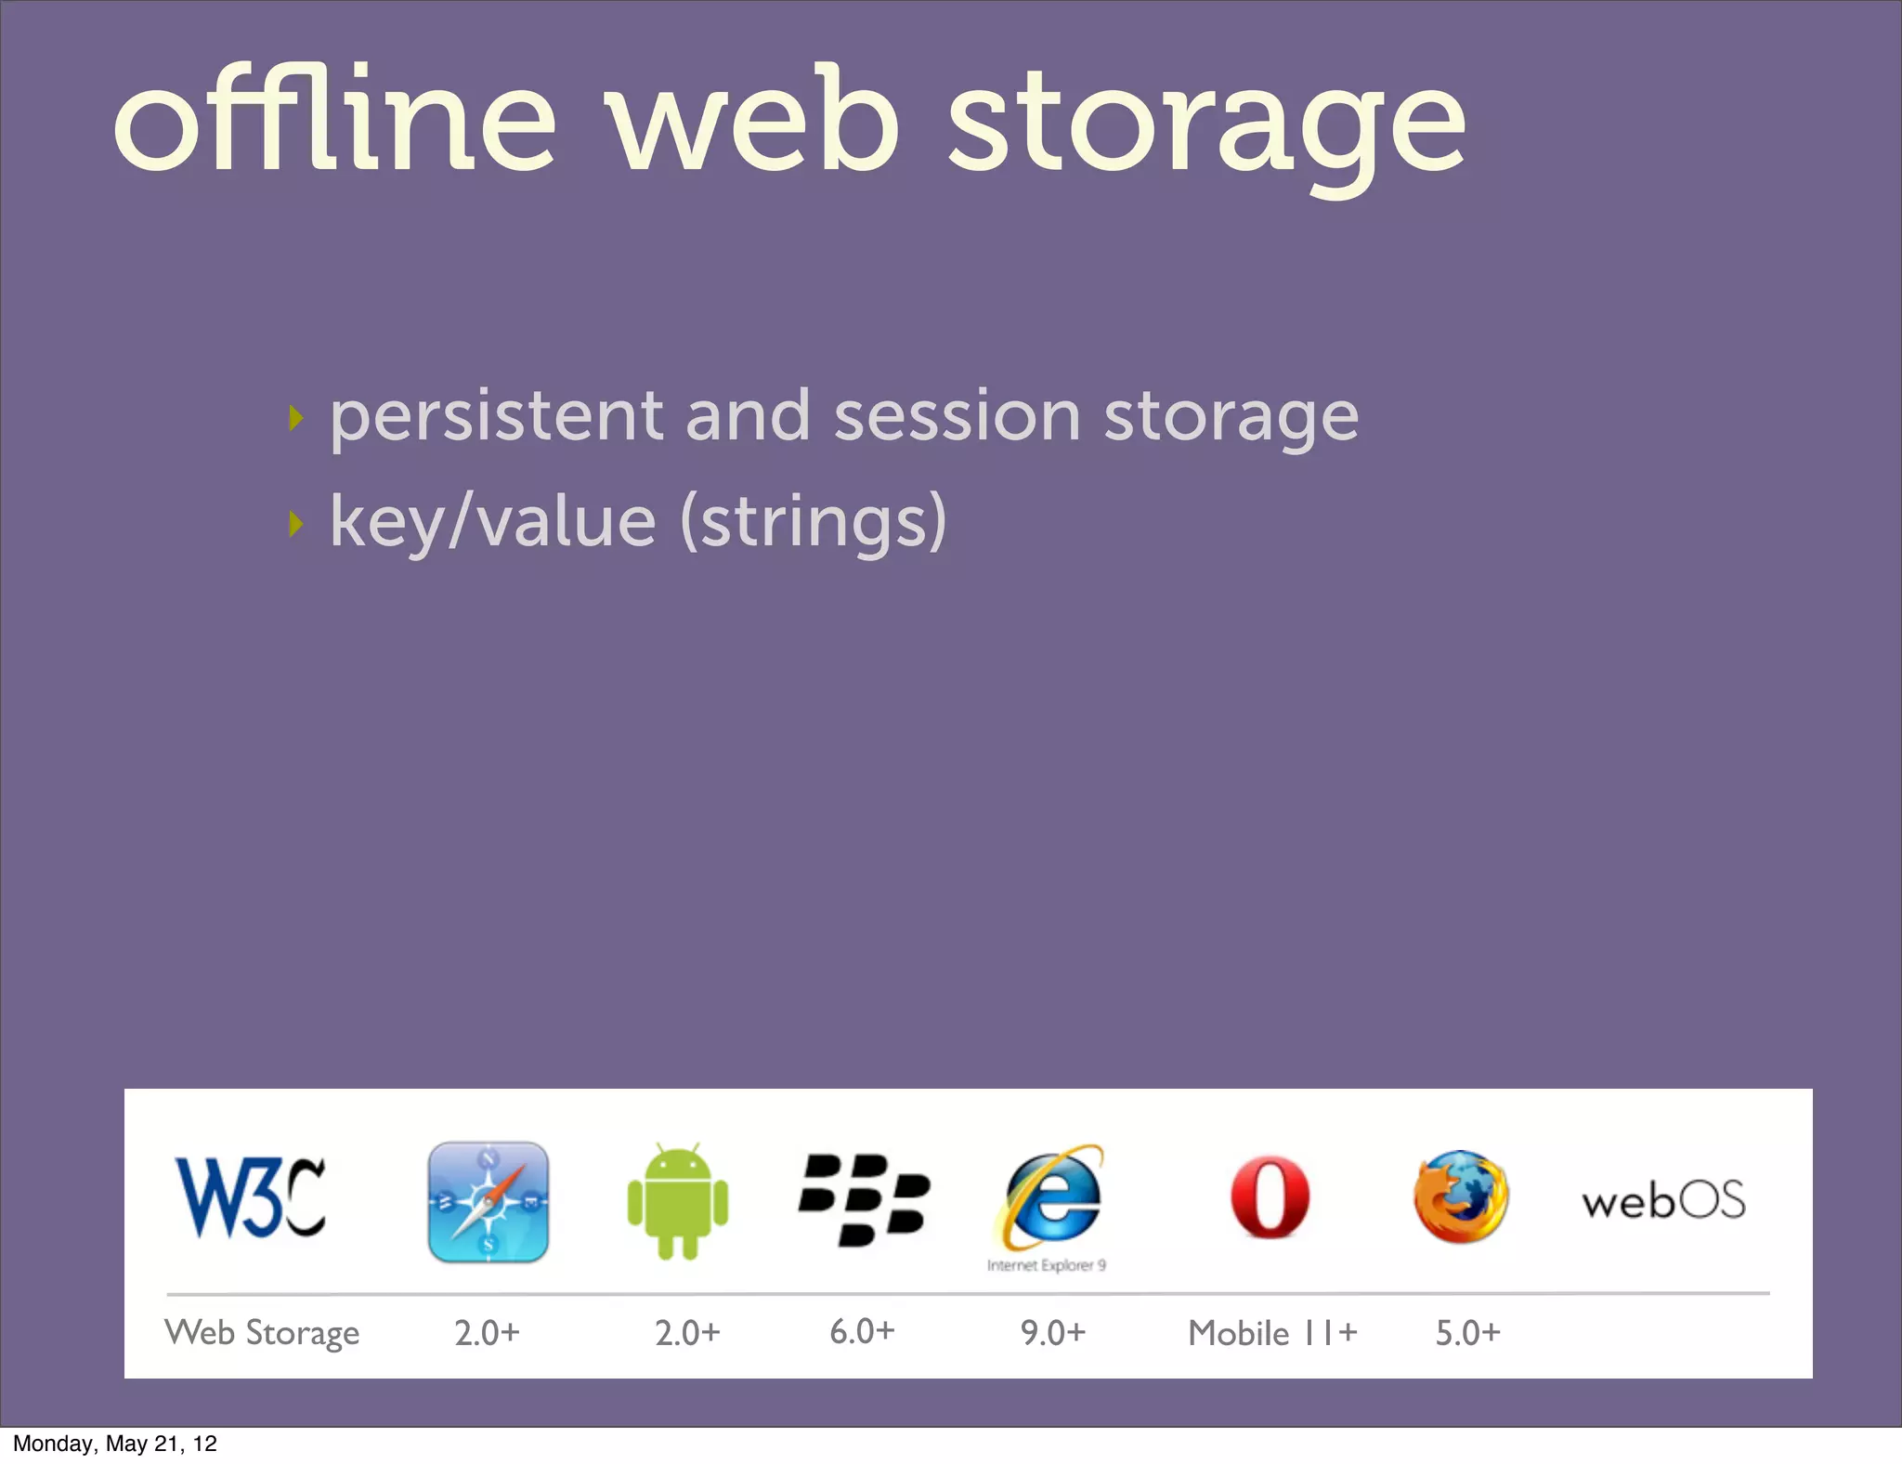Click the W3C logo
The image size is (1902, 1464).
coord(250,1197)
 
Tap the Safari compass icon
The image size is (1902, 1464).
coord(488,1201)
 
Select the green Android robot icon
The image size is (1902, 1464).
coord(678,1201)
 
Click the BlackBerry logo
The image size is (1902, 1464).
coord(864,1199)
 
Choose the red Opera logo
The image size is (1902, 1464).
coord(1270,1197)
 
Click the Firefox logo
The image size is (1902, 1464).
coord(1461,1196)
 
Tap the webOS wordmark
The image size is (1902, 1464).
coord(1663,1201)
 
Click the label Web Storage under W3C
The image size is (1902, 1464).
coord(262,1333)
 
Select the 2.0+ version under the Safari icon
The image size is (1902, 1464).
coord(487,1333)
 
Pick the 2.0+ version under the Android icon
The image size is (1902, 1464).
coord(687,1333)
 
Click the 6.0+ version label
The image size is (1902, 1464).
coord(862,1331)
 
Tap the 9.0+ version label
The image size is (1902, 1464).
coord(1053,1333)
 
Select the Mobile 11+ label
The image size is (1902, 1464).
coord(1272,1333)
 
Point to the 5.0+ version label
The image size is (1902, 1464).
coord(1467,1333)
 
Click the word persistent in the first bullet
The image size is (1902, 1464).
coord(497,416)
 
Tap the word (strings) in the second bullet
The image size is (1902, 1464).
coord(814,522)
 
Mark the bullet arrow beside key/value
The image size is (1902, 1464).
coord(296,524)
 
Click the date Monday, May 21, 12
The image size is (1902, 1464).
coord(115,1444)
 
